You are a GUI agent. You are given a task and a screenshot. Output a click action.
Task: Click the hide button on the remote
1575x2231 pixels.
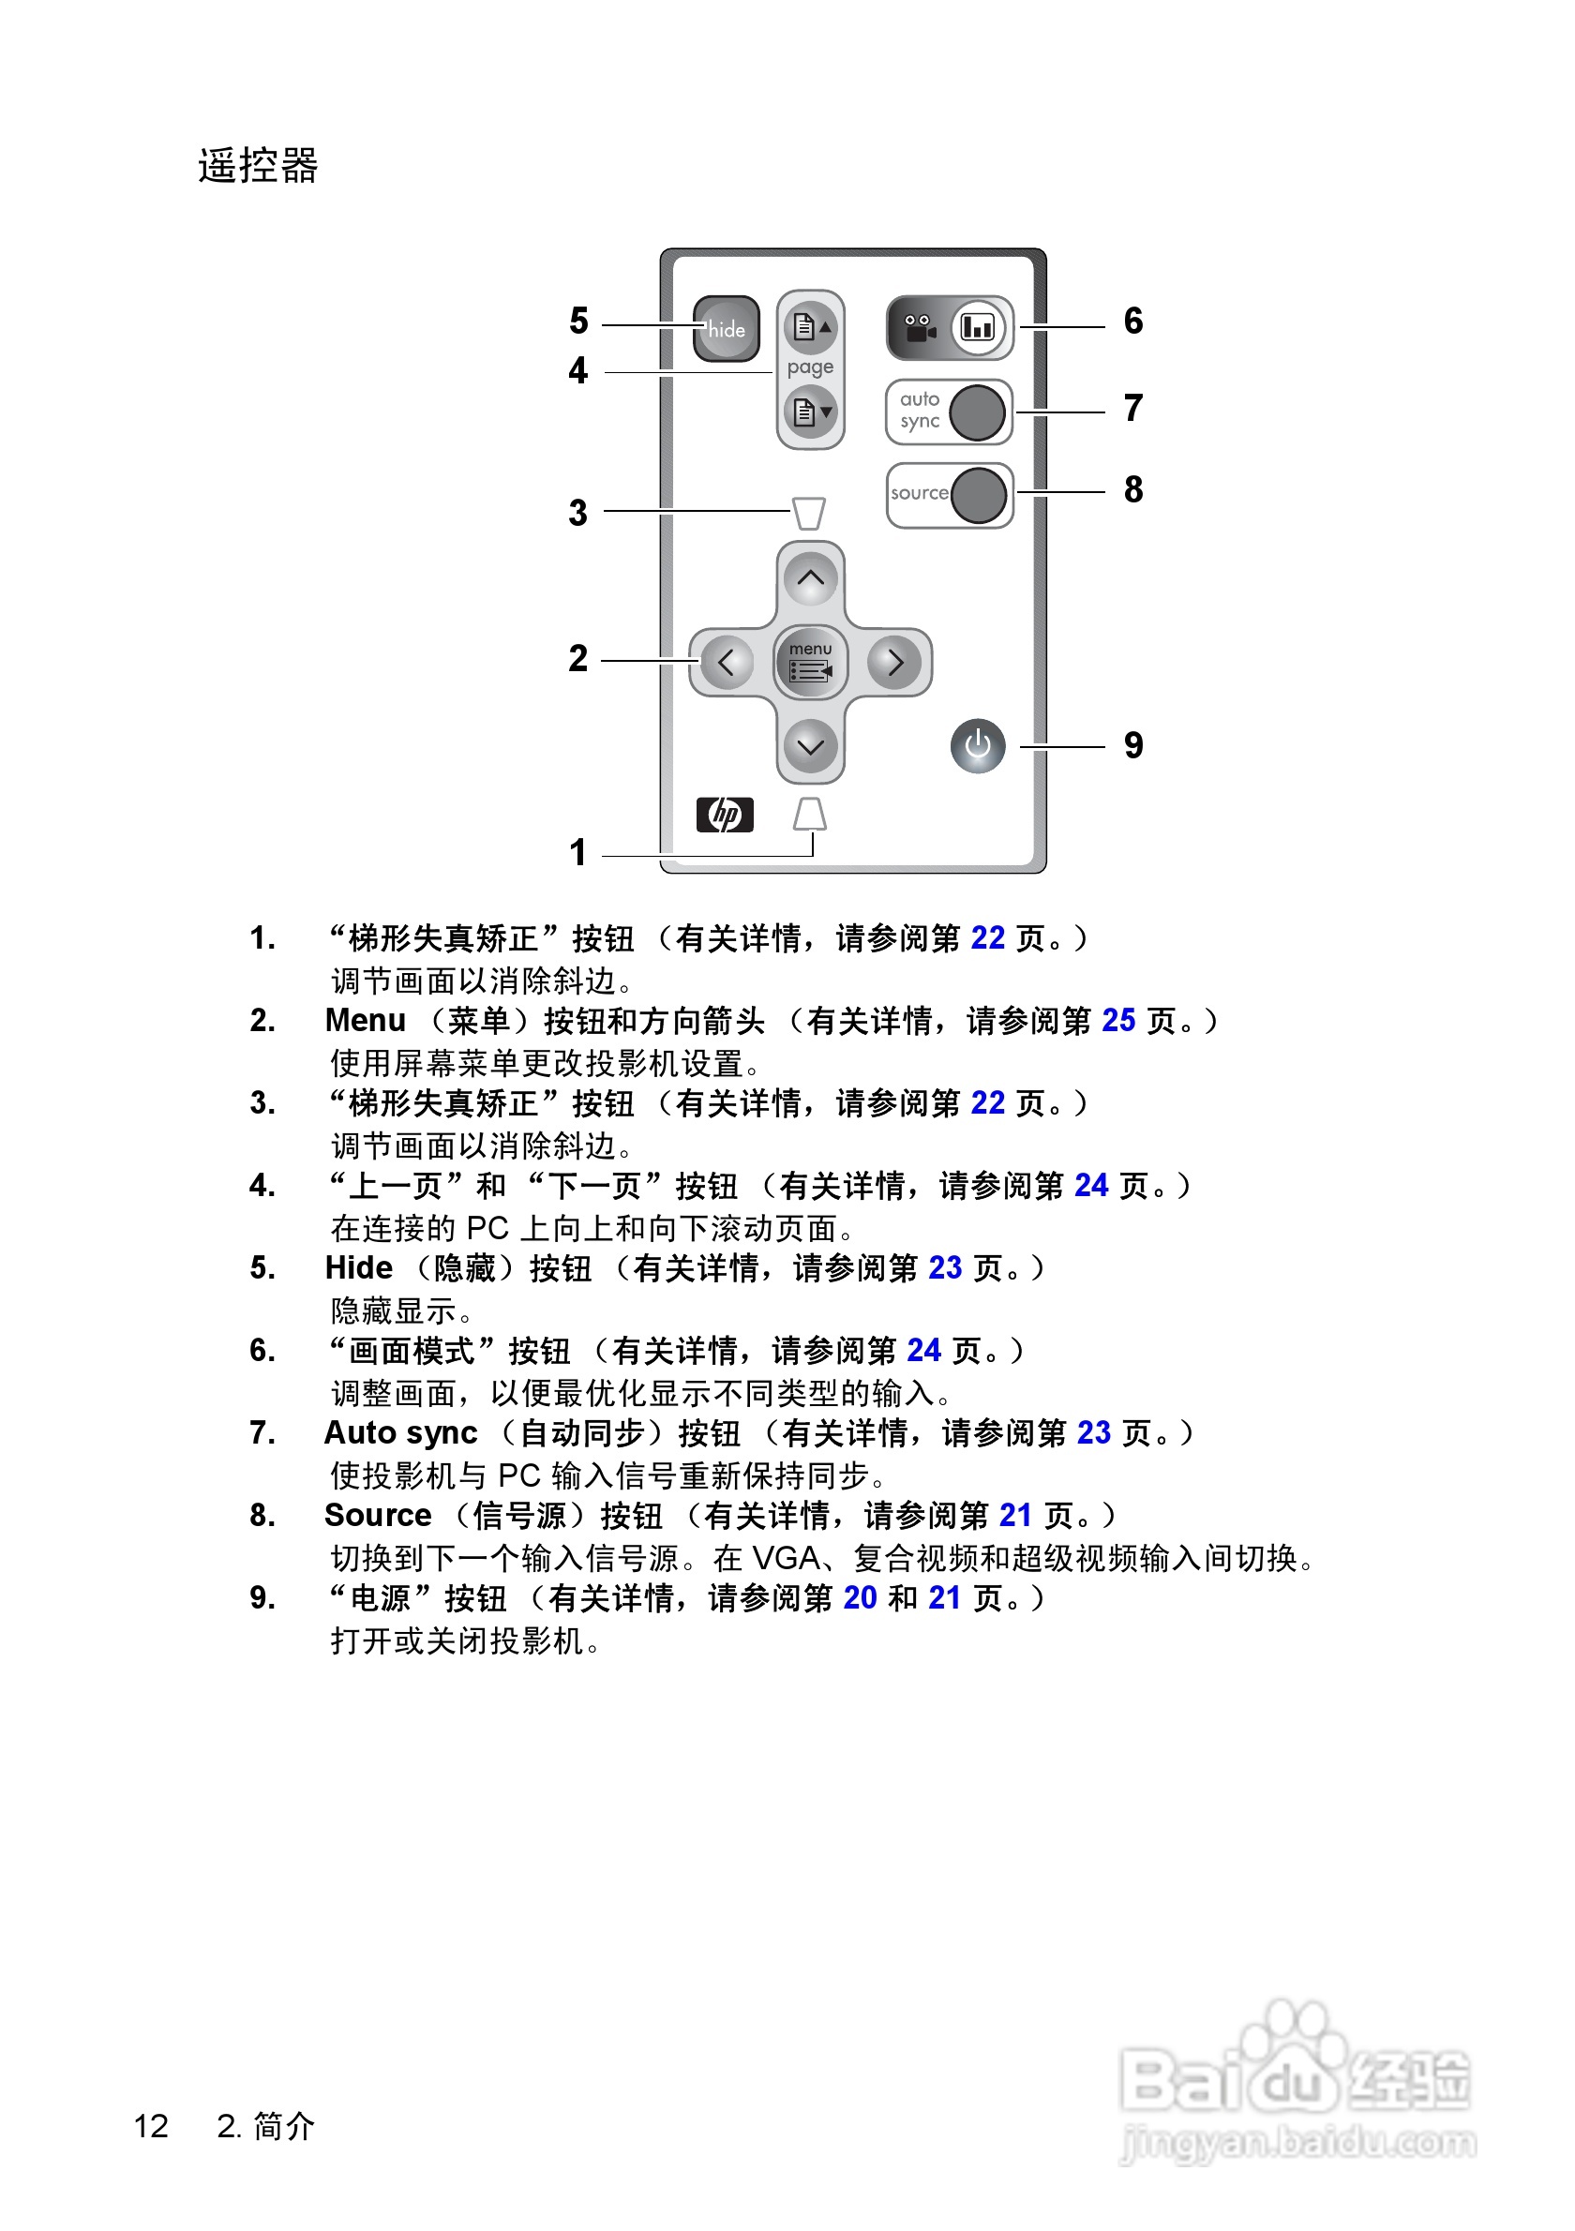(726, 328)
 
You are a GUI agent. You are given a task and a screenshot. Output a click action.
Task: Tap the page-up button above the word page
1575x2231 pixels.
(810, 326)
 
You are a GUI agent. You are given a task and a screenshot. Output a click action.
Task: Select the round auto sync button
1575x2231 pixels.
(976, 412)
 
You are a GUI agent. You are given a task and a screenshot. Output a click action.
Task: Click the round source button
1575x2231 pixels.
(978, 495)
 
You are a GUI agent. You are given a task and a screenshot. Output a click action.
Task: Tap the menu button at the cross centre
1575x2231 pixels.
(810, 662)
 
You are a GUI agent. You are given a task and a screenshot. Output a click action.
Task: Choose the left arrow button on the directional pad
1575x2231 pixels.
(726, 663)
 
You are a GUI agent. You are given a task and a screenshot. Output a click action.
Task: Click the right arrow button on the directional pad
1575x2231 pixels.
(895, 663)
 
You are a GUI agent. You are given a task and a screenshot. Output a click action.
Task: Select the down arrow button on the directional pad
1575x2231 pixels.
(810, 746)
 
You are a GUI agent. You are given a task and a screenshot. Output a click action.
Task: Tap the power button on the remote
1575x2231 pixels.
(978, 746)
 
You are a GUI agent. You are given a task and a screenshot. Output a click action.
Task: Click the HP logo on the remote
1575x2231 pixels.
(725, 815)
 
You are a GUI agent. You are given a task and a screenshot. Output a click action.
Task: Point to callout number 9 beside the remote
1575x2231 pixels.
(1132, 745)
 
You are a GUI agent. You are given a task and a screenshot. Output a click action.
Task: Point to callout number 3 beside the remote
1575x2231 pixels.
(578, 512)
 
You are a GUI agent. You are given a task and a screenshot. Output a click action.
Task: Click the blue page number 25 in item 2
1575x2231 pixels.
(1118, 1020)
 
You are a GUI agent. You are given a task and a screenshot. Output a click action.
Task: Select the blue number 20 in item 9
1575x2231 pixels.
(860, 1597)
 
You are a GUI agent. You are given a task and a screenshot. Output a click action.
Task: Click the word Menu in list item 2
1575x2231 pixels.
(366, 1020)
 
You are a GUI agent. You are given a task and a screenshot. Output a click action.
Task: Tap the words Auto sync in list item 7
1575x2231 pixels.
(400, 1432)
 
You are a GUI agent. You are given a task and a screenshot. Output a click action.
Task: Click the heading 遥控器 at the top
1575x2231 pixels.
(259, 165)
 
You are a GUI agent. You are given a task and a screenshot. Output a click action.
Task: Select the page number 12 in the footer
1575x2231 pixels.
(151, 2126)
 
